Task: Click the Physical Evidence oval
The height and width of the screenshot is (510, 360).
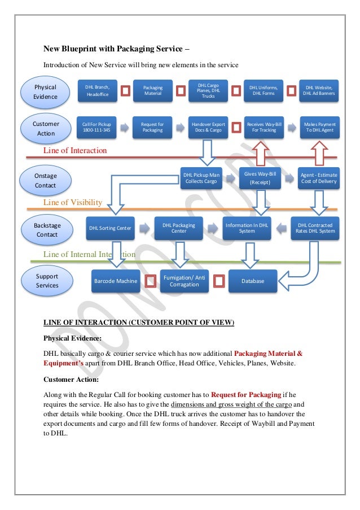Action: pyautogui.click(x=46, y=92)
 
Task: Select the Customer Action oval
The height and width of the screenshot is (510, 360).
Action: pyautogui.click(x=46, y=129)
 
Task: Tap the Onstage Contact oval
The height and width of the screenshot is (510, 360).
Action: pyautogui.click(x=46, y=180)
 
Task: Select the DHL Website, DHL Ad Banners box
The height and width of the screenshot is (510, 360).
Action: pyautogui.click(x=319, y=91)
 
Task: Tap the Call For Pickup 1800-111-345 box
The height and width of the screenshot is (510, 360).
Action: pyautogui.click(x=97, y=128)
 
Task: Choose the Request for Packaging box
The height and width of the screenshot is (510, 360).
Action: pyautogui.click(x=152, y=128)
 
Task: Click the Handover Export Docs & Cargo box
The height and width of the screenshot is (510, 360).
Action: pyautogui.click(x=208, y=128)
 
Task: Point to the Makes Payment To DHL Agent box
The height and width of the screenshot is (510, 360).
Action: pyautogui.click(x=319, y=128)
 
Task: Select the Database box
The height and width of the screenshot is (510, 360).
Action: pyautogui.click(x=253, y=281)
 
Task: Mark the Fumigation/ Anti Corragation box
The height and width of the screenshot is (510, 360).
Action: pyautogui.click(x=184, y=281)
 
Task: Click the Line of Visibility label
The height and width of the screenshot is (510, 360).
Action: pyautogui.click(x=73, y=202)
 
